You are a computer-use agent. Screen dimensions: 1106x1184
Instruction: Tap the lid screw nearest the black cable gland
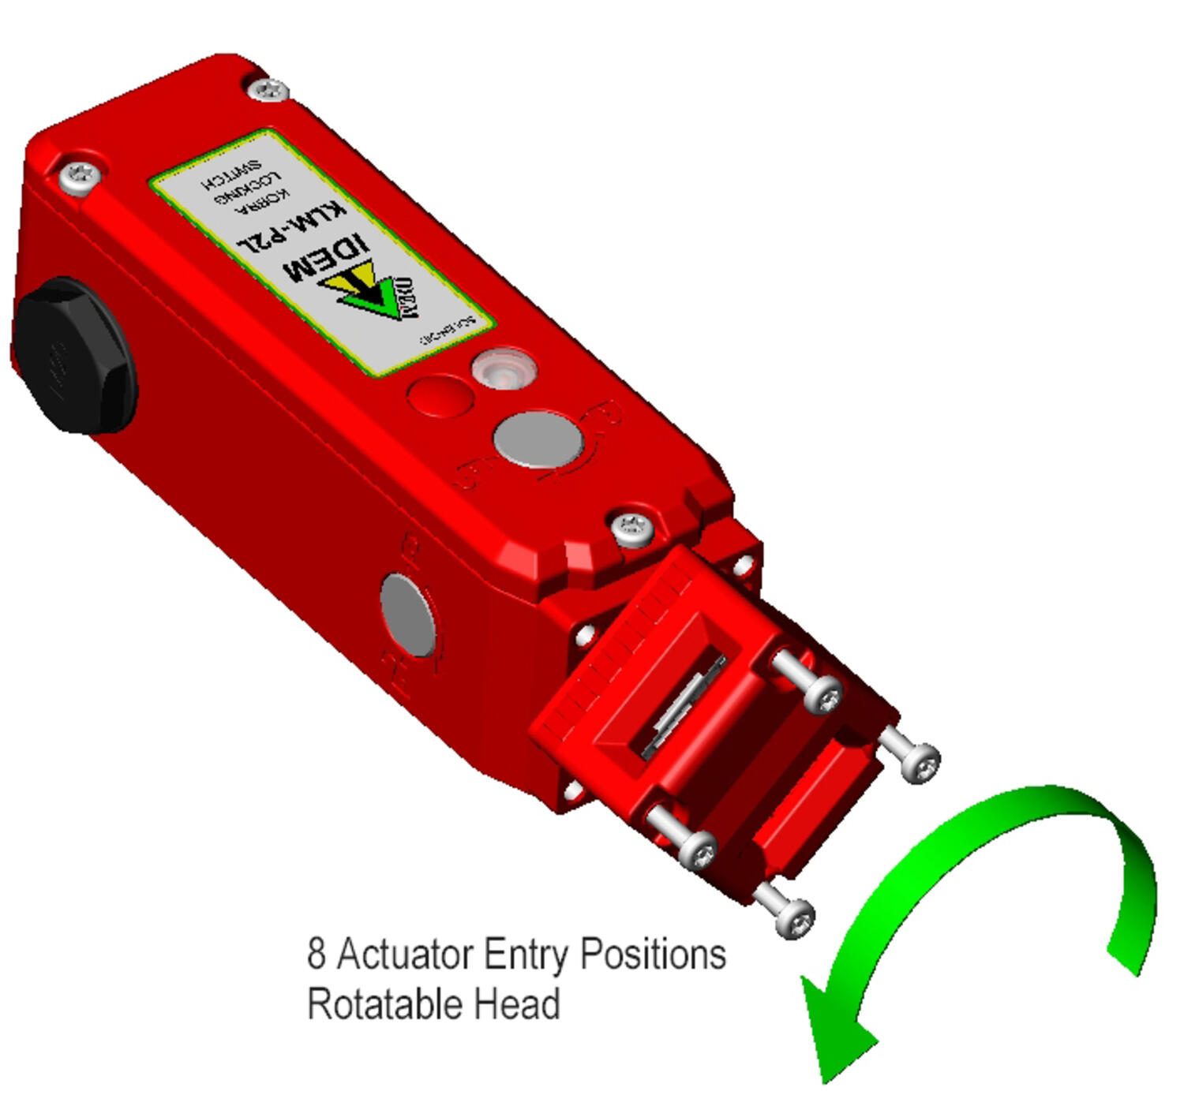click(x=80, y=175)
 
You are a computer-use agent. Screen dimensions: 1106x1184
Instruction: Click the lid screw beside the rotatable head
click(x=633, y=526)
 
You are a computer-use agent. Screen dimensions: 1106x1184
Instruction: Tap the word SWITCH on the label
click(x=231, y=176)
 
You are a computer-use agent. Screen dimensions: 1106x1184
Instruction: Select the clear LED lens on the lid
click(x=504, y=369)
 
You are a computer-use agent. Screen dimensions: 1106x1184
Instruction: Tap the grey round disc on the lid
click(x=538, y=438)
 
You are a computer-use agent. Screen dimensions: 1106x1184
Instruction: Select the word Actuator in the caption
click(x=405, y=955)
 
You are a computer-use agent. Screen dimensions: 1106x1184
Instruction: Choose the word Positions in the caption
click(x=653, y=955)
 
